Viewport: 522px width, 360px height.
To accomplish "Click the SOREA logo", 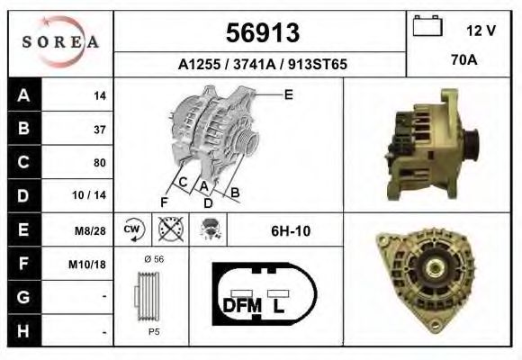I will [x=59, y=42].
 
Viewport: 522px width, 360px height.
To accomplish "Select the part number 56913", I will [x=261, y=33].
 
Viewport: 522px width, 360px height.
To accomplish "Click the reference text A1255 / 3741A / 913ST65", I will [x=261, y=65].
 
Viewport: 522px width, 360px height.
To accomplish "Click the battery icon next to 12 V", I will [x=426, y=27].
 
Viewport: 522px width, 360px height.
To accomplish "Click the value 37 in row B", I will [x=100, y=129].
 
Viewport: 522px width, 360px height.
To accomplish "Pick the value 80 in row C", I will [x=100, y=163].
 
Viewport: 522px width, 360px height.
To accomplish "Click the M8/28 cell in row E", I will [x=94, y=230].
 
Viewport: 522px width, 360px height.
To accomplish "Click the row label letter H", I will [x=22, y=331].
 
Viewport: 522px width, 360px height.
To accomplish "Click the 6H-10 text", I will [x=291, y=231].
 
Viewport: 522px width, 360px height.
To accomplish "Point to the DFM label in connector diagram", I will [x=241, y=306].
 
